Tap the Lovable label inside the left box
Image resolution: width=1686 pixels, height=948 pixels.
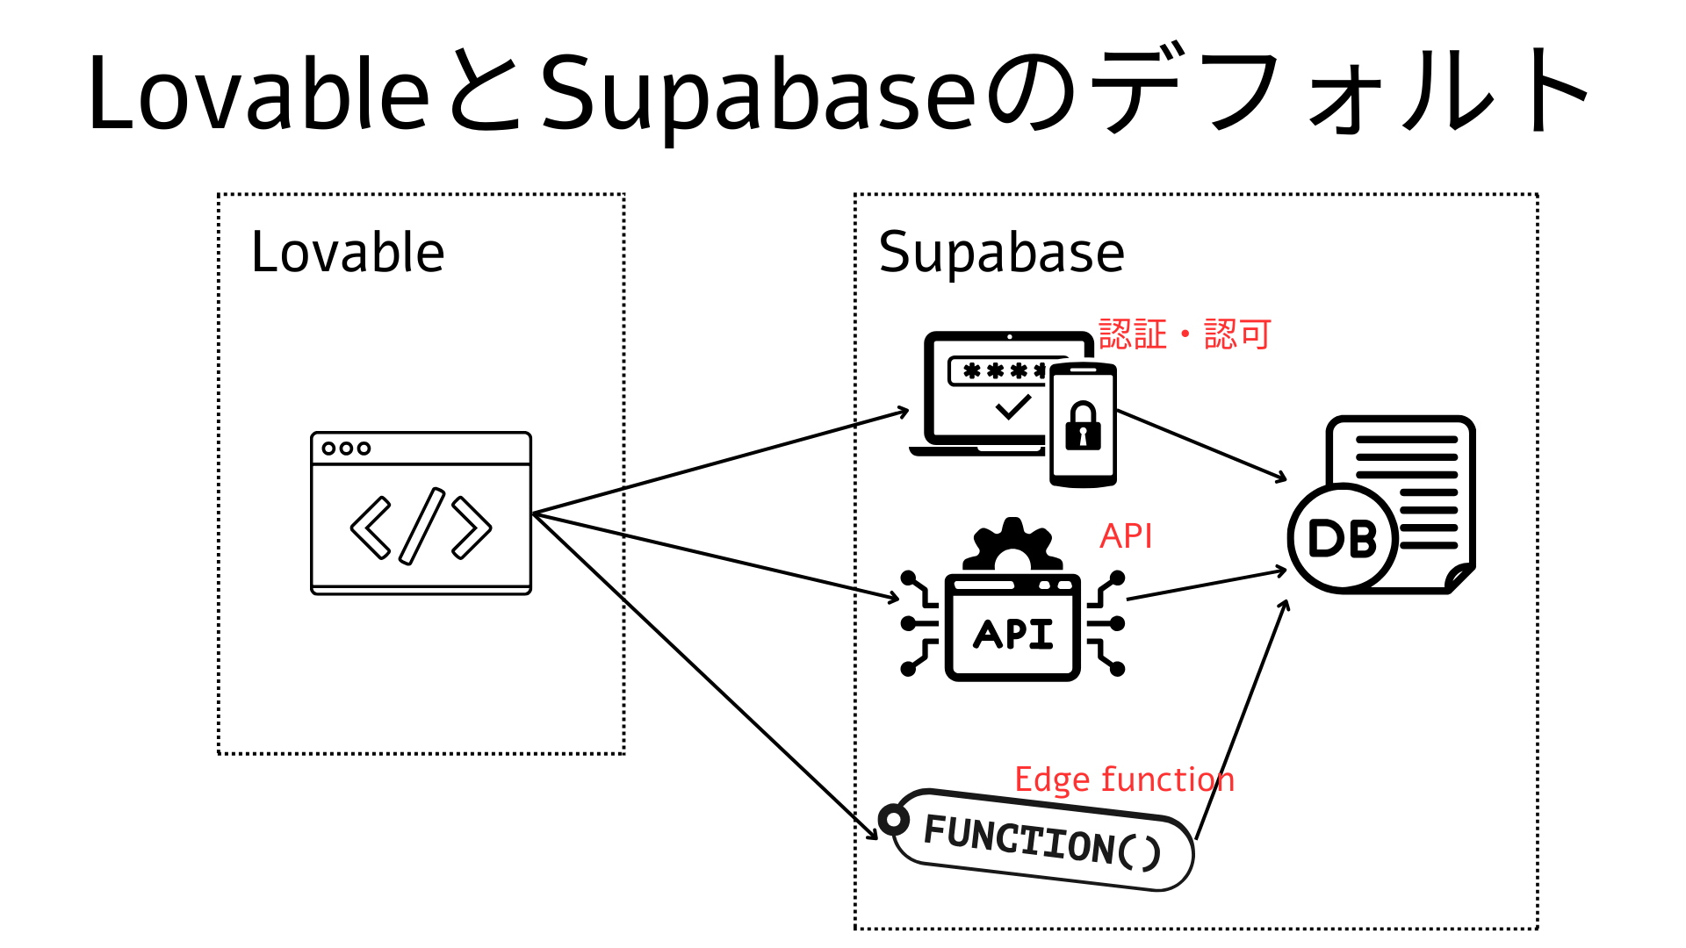[348, 253]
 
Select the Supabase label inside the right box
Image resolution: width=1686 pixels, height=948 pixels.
[1001, 253]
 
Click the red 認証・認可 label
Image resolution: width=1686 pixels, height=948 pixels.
[1185, 334]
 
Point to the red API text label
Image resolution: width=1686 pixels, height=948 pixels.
[1126, 535]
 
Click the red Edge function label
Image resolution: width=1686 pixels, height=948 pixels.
[1124, 779]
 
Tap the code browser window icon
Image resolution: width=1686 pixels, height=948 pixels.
[421, 513]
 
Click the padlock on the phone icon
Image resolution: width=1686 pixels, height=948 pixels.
[1083, 427]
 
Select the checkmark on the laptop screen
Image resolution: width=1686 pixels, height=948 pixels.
[1012, 406]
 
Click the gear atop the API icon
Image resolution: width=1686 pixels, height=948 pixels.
[1012, 544]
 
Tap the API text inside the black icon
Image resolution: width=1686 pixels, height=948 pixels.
[1012, 634]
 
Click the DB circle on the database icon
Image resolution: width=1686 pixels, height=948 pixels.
[1342, 538]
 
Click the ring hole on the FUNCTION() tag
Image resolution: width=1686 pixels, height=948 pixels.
[894, 820]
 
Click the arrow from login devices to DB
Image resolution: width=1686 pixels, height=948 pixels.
[1201, 446]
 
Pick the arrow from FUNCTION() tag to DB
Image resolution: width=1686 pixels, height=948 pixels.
[1241, 720]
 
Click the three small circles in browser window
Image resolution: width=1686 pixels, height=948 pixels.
[346, 448]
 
